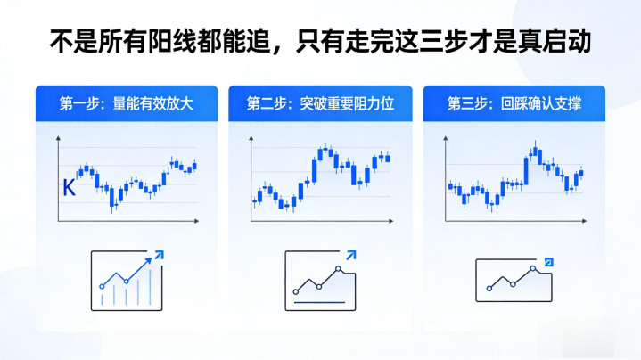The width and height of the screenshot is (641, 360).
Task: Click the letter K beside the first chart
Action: [x=69, y=188]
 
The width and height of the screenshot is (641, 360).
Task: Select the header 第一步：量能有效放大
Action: [x=127, y=103]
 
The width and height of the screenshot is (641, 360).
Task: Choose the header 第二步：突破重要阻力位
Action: [x=321, y=103]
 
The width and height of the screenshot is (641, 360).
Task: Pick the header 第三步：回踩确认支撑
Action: [x=514, y=103]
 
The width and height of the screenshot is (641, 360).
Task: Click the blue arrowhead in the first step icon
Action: [x=159, y=255]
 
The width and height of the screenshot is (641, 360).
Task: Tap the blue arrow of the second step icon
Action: [x=351, y=256]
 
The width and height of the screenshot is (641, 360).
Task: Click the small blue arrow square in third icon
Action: [x=549, y=262]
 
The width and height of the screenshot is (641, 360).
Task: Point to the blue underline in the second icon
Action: [x=320, y=303]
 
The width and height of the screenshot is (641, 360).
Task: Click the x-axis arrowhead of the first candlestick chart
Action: [x=196, y=221]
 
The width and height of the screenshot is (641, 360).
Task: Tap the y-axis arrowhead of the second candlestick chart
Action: [x=251, y=138]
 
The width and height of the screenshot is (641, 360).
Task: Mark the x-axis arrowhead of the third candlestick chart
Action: [x=584, y=221]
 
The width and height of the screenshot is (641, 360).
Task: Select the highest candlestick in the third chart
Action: [x=535, y=151]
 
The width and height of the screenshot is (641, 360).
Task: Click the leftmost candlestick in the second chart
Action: [x=255, y=201]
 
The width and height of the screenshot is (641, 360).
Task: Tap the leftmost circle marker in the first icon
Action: [x=102, y=287]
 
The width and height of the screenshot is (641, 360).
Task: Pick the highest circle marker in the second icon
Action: [x=338, y=269]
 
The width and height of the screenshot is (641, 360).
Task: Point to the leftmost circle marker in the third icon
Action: [x=489, y=289]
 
